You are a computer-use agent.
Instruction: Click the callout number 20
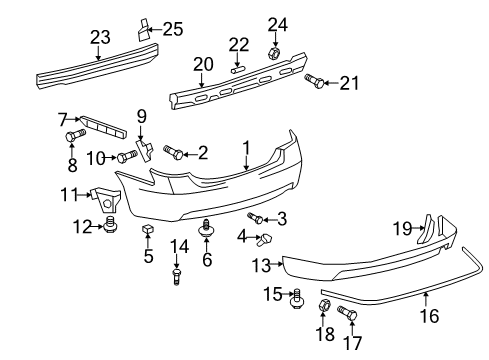point(204,65)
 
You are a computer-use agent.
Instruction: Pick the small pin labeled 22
point(237,69)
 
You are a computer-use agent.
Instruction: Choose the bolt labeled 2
point(172,152)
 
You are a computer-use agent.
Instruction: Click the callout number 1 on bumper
point(246,147)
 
